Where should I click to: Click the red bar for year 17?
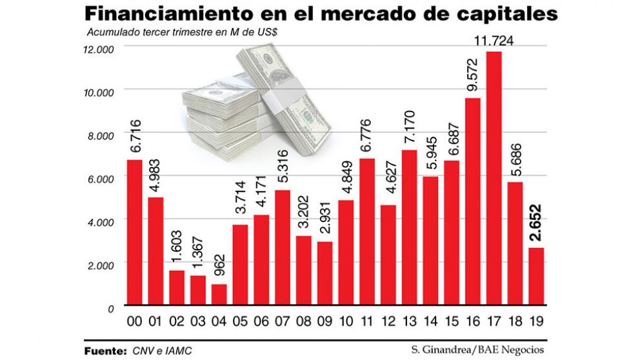point(494,178)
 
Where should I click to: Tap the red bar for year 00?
point(134,232)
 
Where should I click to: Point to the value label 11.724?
point(494,43)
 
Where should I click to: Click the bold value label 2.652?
point(536,223)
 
